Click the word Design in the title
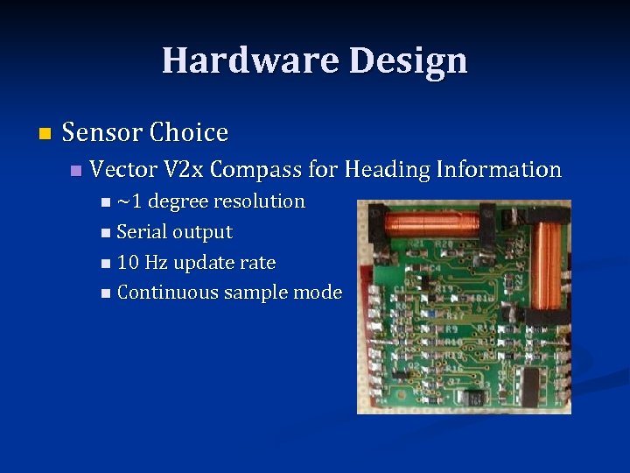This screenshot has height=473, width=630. [408, 60]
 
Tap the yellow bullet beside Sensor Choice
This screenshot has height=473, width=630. [45, 134]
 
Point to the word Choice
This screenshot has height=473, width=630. [188, 133]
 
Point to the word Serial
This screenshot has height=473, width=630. [142, 232]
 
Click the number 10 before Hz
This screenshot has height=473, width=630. [128, 263]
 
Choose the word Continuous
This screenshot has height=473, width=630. [167, 293]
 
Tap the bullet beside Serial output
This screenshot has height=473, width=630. [106, 233]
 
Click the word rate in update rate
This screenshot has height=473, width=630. [258, 263]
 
